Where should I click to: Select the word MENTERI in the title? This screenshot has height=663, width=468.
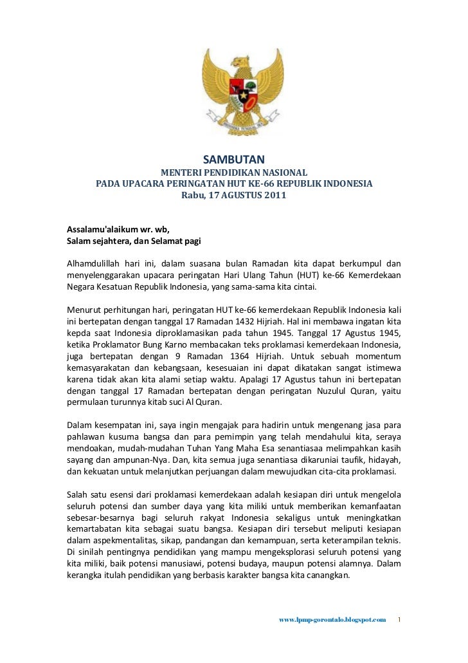pos(182,173)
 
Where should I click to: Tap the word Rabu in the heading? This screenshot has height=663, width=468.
pos(194,195)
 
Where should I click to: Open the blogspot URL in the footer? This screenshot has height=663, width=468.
pos(332,620)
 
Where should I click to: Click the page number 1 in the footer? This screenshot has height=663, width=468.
pos(399,620)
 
